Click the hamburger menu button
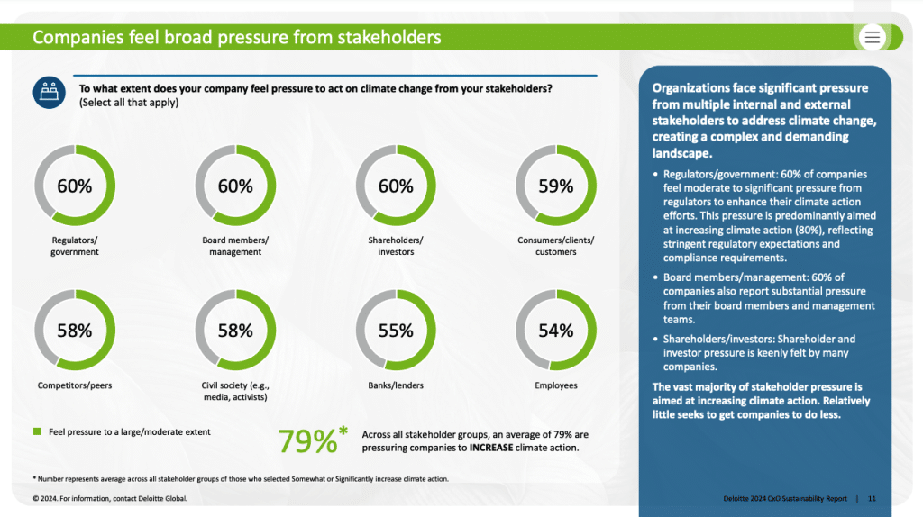873,37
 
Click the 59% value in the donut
555,186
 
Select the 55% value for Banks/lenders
396,331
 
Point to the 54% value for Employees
555,331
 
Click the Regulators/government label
75,246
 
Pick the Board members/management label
235,246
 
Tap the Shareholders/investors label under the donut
396,246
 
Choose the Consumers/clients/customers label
556,246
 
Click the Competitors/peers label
75,385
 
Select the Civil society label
235,391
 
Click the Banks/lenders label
396,385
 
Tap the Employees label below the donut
556,385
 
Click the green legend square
37,432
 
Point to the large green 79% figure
307,440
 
